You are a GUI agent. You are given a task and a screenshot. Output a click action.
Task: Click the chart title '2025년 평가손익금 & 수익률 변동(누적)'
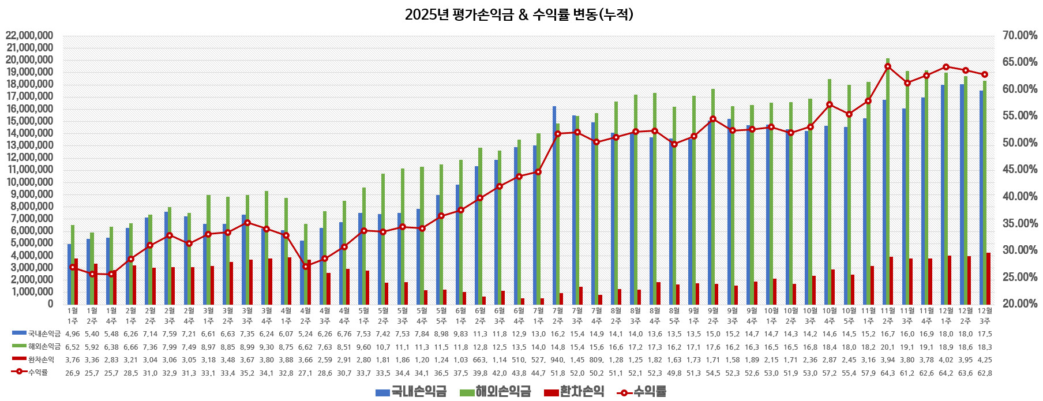tap(519, 14)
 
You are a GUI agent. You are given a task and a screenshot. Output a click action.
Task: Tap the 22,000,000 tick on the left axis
tap(29, 36)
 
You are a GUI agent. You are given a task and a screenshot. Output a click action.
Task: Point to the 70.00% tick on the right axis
tap(1020, 36)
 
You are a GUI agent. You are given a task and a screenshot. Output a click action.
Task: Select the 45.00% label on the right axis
tap(1020, 170)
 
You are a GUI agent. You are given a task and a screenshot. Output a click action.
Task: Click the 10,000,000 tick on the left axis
tap(29, 182)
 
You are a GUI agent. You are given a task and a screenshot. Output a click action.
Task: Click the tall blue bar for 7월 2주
tap(554, 205)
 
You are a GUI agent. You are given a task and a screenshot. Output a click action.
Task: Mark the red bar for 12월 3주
tap(988, 278)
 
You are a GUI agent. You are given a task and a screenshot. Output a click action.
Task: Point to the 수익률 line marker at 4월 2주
tap(306, 267)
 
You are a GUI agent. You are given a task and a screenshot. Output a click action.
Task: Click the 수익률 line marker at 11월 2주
tap(888, 66)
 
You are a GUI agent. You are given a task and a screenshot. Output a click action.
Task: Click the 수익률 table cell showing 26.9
tap(73, 373)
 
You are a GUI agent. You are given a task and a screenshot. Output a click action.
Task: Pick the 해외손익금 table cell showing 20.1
tap(888, 347)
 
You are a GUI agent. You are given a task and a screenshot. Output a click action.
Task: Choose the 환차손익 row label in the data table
tap(41, 359)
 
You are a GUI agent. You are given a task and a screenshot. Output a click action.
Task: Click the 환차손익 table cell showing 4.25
tap(985, 359)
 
